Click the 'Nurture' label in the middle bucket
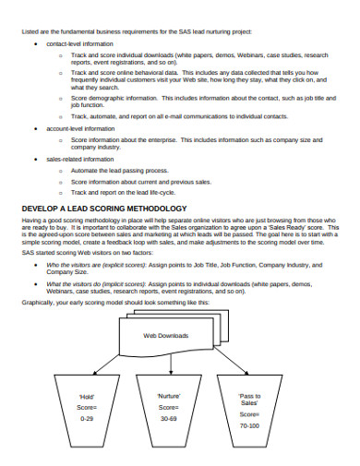click(169, 396)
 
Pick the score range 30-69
click(169, 418)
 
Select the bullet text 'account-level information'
click(80, 128)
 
